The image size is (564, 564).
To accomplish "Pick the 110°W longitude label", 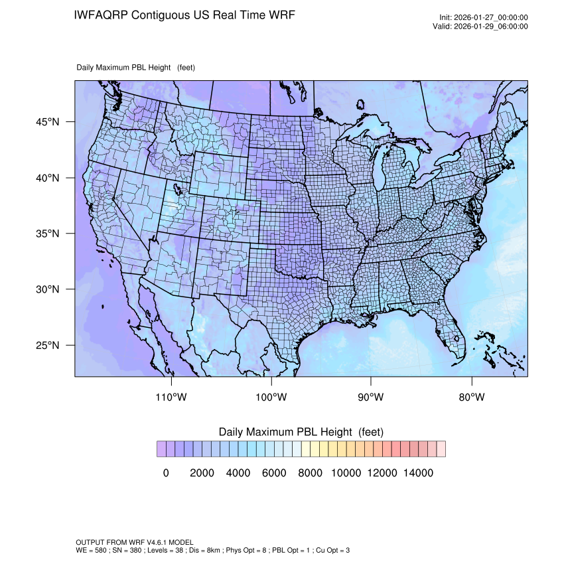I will tap(172, 397).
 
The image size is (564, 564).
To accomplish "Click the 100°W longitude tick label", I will tap(271, 397).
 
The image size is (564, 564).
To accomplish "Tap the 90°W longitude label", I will tap(371, 397).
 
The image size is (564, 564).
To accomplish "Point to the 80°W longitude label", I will tap(471, 397).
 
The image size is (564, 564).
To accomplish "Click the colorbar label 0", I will tap(166, 473).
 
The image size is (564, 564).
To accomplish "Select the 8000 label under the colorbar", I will tap(310, 473).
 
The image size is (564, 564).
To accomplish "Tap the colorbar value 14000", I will tap(419, 473).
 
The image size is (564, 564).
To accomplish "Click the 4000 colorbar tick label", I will tap(238, 473).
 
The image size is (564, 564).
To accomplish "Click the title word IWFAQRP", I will tap(102, 15).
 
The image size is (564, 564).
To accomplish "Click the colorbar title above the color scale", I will tap(301, 432).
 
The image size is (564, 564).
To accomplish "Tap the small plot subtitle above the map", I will tap(135, 67).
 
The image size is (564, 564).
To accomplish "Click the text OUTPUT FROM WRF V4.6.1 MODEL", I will tap(135, 542).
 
